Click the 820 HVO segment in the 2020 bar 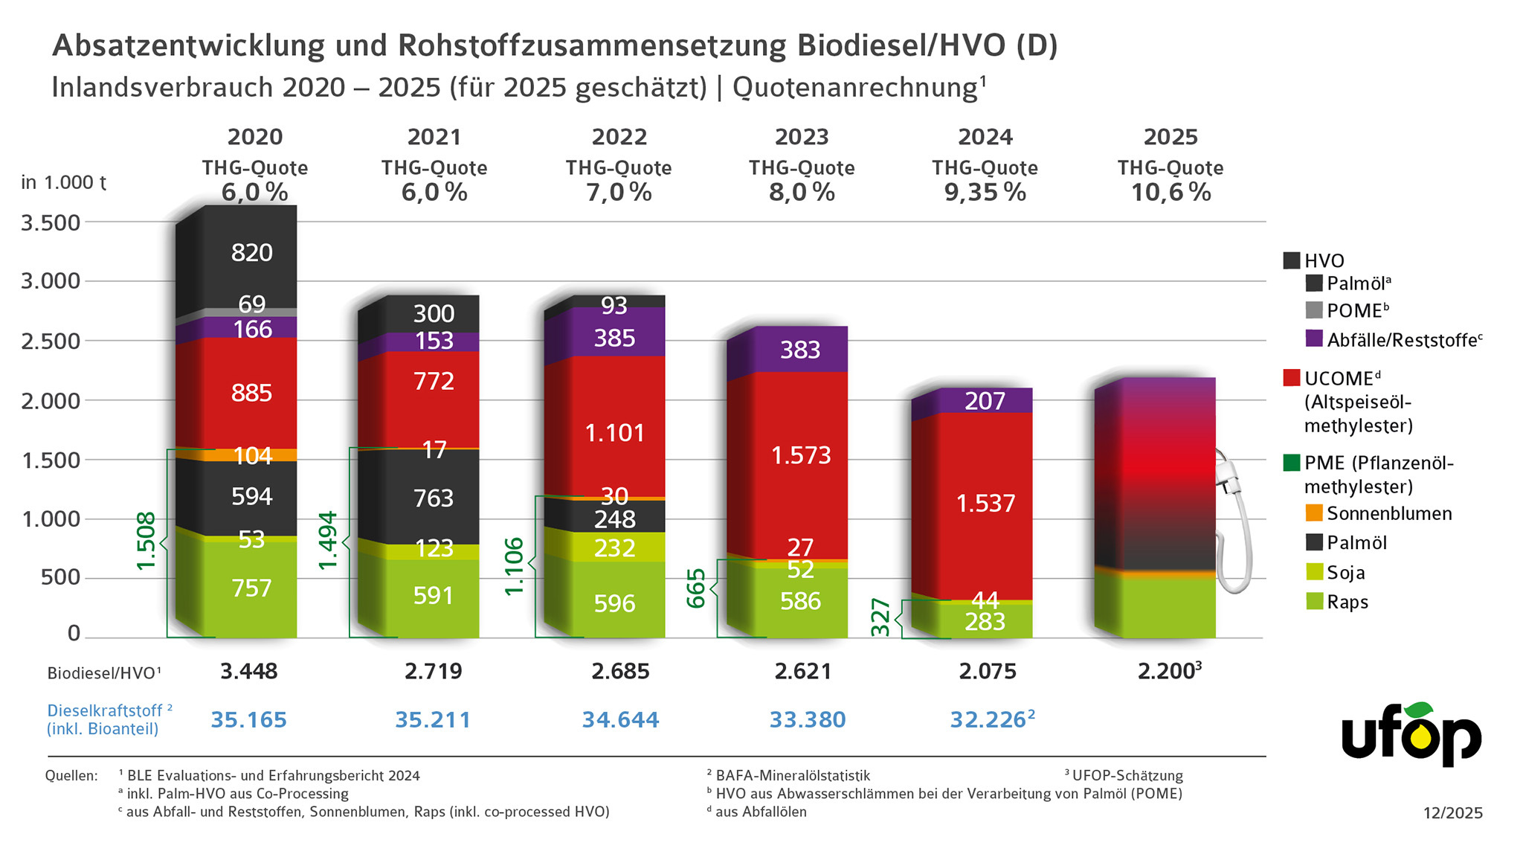251,253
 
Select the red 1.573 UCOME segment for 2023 800,455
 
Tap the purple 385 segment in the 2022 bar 614,338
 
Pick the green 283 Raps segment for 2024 985,622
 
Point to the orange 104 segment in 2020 252,455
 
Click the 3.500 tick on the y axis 51,222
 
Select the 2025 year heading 1170,138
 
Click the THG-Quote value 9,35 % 985,193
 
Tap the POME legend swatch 1314,310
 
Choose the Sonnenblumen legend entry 1388,513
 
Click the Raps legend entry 1347,602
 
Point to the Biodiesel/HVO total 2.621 802,672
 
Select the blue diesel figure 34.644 620,720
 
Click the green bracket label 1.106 514,567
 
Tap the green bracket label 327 880,617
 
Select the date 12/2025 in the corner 1452,813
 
